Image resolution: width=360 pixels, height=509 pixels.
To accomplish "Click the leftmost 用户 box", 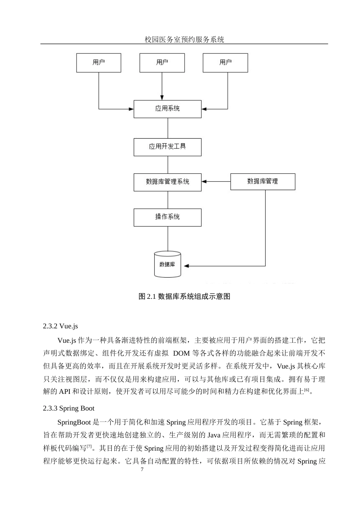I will coord(99,62).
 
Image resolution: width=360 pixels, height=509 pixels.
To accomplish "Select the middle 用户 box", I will coord(162,62).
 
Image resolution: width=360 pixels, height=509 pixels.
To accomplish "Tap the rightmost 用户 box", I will coord(225,62).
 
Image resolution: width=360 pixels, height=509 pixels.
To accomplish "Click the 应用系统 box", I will coord(167,109).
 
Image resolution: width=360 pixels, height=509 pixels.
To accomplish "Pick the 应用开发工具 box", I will coord(167,147).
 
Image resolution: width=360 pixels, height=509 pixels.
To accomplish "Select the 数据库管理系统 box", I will coord(167,182).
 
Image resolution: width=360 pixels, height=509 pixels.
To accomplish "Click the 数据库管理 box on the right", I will coord(263,182).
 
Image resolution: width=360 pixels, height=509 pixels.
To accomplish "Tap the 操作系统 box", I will coord(167,217).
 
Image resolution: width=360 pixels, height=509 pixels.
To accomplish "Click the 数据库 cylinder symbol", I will coord(167,264).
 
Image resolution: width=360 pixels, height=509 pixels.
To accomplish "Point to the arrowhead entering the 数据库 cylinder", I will coord(186,266).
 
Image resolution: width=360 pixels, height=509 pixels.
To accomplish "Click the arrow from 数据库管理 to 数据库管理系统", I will coord(216,182).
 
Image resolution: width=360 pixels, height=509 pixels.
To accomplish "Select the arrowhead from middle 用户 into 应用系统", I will coord(162,97).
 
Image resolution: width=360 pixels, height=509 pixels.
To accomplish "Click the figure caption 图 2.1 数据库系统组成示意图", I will coord(185,297).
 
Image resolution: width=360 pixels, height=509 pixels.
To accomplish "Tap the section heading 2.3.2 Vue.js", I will coord(61,326).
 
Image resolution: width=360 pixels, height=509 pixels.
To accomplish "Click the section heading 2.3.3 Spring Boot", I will coord(69,408).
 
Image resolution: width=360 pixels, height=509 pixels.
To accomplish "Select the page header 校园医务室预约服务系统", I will coord(185,39).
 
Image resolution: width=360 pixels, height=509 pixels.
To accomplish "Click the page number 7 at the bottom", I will coord(142,470).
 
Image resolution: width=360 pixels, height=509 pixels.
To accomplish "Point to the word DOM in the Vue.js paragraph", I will coord(181,354).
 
